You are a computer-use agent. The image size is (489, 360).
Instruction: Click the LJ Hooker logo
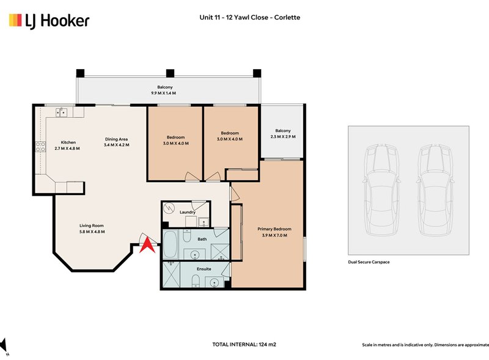click(x=49, y=21)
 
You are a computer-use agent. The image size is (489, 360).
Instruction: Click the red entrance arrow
click(x=147, y=244)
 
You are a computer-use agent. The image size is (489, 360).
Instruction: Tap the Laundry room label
click(x=188, y=212)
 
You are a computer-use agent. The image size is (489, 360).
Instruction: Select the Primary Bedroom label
click(x=274, y=229)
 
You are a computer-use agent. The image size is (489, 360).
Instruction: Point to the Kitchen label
click(x=68, y=142)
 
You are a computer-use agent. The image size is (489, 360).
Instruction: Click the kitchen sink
click(x=61, y=112)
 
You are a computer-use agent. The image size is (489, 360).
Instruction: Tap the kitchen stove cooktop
click(x=40, y=147)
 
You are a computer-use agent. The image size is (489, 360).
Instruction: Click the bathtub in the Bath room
click(x=171, y=244)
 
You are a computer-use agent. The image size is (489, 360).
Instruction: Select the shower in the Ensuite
click(x=171, y=274)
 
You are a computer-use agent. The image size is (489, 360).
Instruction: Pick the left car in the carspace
click(x=381, y=189)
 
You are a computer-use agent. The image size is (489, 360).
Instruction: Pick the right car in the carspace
click(x=435, y=189)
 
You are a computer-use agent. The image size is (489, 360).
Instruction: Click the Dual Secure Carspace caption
click(x=369, y=262)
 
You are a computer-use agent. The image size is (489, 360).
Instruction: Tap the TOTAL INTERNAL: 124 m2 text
click(x=244, y=344)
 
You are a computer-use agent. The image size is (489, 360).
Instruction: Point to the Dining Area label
click(x=116, y=139)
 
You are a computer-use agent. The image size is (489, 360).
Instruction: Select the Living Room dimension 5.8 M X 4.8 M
click(x=92, y=232)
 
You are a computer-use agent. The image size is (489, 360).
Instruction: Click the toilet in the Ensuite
click(x=195, y=280)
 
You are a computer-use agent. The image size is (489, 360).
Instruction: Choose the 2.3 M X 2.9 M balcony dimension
click(x=283, y=137)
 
